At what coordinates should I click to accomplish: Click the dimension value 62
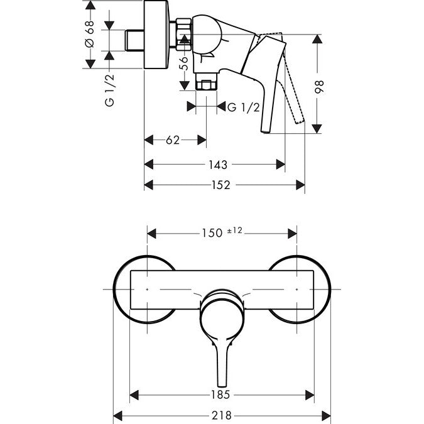click(x=173, y=141)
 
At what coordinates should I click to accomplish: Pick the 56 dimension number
click(x=183, y=63)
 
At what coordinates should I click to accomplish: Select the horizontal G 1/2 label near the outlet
click(x=242, y=107)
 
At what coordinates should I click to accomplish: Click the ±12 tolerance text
click(x=234, y=231)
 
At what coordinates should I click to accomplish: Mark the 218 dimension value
click(x=222, y=415)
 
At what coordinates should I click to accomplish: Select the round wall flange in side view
click(x=157, y=35)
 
